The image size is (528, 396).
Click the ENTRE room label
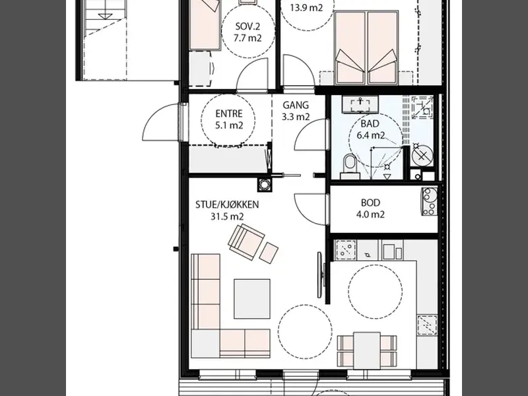[x=229, y=114]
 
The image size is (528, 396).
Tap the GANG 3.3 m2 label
[x=296, y=111]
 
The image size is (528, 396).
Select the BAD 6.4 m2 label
[x=370, y=129]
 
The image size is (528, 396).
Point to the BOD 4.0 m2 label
[x=370, y=209]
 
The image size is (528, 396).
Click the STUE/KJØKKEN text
[x=227, y=205]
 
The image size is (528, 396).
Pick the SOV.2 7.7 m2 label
[x=248, y=32]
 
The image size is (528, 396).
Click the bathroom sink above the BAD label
[x=360, y=104]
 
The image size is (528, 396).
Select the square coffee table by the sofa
[x=252, y=299]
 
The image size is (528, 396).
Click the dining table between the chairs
[x=367, y=350]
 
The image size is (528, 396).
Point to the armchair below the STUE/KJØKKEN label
[x=246, y=241]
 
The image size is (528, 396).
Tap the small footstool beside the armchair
[x=269, y=253]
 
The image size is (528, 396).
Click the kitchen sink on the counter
[x=345, y=250]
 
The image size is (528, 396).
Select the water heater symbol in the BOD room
[x=430, y=201]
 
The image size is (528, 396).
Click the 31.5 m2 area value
[x=227, y=216]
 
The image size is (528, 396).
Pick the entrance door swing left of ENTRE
[x=161, y=122]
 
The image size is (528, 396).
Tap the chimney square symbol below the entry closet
[x=265, y=185]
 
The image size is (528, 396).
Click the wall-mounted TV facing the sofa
[x=321, y=275]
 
